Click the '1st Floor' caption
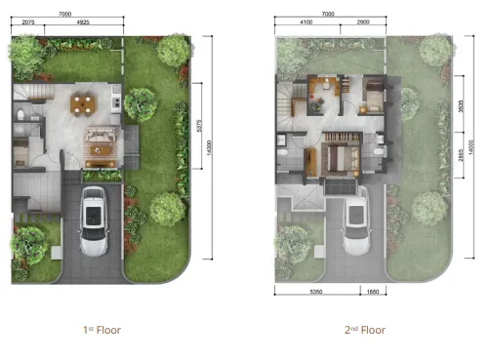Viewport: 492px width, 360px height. pyautogui.click(x=102, y=329)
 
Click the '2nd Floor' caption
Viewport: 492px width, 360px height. pyautogui.click(x=365, y=329)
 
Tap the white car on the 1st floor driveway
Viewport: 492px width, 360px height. pyautogui.click(x=94, y=221)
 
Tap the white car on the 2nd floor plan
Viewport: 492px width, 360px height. pyautogui.click(x=357, y=221)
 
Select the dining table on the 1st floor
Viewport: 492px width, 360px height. pyautogui.click(x=83, y=102)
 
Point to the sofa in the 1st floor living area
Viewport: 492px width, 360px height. pyautogui.click(x=99, y=145)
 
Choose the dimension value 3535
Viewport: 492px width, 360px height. pyautogui.click(x=460, y=109)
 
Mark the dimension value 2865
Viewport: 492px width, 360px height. pyautogui.click(x=460, y=158)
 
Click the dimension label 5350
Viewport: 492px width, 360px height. pyautogui.click(x=312, y=291)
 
